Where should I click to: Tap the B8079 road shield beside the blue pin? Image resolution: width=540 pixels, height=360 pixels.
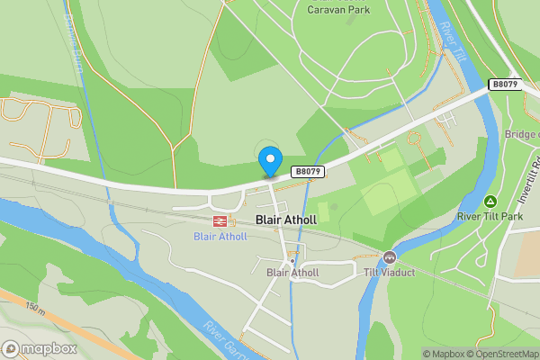tap(307, 170)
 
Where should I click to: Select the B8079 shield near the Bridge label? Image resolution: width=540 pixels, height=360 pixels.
tap(505, 84)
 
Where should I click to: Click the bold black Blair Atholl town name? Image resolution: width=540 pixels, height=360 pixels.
tap(287, 220)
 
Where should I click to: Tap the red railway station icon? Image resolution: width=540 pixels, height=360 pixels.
tap(219, 220)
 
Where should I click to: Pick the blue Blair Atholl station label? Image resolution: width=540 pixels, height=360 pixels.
tap(219, 237)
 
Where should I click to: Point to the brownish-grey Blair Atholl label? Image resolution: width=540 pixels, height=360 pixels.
tap(292, 273)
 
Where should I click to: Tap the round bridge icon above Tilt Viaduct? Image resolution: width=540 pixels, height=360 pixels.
tap(389, 256)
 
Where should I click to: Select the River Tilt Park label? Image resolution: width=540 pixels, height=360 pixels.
tap(490, 216)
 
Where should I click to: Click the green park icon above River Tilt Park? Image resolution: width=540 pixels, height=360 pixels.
tap(490, 201)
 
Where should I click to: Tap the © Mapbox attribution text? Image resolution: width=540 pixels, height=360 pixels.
tap(442, 354)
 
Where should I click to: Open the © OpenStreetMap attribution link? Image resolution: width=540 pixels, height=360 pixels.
tap(501, 354)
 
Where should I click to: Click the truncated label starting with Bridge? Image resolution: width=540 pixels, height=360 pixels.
tap(521, 134)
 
